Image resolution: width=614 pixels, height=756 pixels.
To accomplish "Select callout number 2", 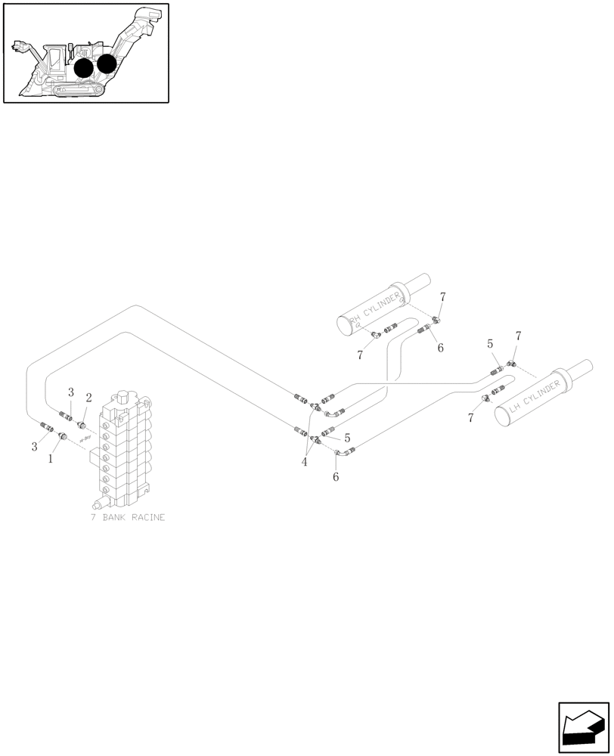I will coord(88,398).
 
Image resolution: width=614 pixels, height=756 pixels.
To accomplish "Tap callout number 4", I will coord(305,462).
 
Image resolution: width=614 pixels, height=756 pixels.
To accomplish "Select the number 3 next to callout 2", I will coord(71,392).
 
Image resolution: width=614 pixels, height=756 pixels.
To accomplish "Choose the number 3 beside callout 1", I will coord(34,447).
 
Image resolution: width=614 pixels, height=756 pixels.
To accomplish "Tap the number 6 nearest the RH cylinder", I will coord(440,348).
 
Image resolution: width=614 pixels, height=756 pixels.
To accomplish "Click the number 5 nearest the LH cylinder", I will coord(490,344).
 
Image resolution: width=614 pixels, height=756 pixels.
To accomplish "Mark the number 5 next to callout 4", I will coord(347,438).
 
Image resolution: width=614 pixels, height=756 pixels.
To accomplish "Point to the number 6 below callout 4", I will coord(336,477).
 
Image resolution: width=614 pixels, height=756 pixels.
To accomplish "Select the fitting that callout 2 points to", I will coord(82,426).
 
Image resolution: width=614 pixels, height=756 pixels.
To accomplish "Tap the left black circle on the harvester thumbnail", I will coord(84,68).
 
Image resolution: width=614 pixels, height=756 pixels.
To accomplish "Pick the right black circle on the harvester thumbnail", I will coord(107,64).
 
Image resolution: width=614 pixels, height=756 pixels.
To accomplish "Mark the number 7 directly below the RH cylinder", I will coord(361,354).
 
